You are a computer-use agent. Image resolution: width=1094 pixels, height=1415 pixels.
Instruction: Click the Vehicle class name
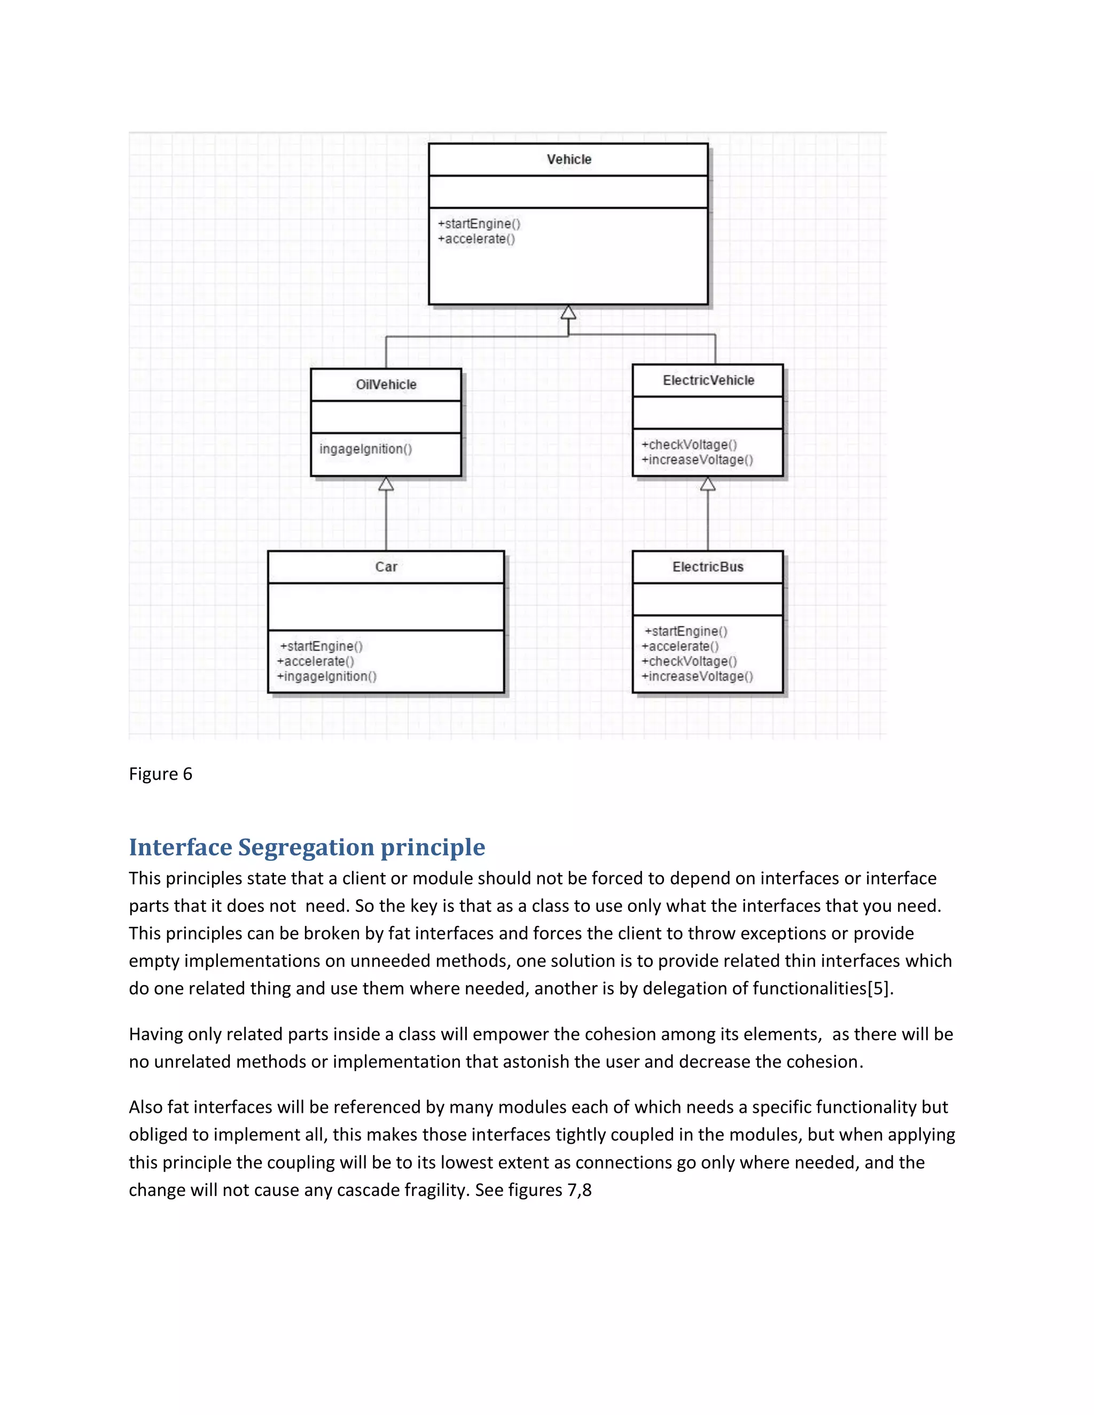(x=568, y=159)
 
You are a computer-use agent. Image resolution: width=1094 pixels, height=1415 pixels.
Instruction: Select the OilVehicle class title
(x=386, y=384)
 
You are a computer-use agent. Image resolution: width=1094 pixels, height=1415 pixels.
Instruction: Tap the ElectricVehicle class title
(x=708, y=380)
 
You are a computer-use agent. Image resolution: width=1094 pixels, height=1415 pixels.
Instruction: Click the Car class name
(x=386, y=567)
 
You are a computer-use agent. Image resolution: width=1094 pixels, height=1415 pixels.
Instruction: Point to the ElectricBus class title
(x=708, y=567)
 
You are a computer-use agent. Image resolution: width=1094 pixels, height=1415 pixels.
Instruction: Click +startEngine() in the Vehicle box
(x=479, y=224)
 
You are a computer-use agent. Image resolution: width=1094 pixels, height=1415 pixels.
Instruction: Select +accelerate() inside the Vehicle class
(x=476, y=239)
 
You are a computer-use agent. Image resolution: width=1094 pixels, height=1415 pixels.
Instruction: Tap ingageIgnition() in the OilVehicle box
(x=365, y=449)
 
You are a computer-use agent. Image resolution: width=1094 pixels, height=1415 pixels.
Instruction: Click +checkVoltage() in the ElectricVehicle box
(x=689, y=444)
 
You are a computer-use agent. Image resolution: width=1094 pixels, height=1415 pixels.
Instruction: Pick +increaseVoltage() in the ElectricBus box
(x=697, y=677)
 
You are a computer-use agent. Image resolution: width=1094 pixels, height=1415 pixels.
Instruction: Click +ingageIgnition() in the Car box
(x=326, y=677)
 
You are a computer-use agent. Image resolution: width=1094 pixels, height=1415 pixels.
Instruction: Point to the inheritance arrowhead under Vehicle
(x=568, y=312)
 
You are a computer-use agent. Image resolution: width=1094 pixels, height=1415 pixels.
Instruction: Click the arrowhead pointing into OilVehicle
(x=386, y=484)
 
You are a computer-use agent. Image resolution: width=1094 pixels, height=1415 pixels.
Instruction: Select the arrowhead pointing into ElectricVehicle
(x=708, y=484)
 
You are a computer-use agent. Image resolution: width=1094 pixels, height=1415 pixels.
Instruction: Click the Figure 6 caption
(x=160, y=774)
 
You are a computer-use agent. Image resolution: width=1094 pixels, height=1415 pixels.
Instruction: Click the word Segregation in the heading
(x=306, y=847)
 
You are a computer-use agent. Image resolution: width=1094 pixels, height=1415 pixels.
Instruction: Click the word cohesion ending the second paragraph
(x=824, y=1062)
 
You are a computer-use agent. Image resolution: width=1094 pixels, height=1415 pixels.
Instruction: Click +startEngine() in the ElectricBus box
(x=686, y=631)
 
